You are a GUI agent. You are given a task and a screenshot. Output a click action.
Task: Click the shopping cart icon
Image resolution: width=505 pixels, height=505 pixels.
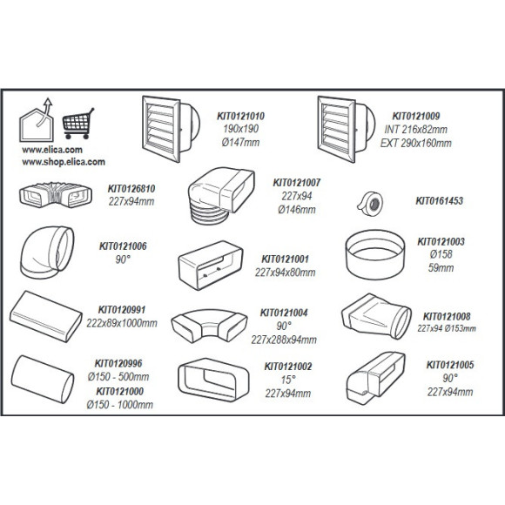click(78, 124)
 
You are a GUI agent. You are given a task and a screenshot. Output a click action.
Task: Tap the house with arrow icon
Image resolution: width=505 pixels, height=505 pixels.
click(37, 120)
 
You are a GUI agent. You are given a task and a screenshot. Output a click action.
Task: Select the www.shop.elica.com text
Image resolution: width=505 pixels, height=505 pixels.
click(64, 162)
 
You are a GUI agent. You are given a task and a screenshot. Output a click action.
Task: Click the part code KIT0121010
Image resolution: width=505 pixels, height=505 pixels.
click(240, 116)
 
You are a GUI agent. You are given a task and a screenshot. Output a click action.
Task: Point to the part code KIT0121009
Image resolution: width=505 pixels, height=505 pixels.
click(416, 116)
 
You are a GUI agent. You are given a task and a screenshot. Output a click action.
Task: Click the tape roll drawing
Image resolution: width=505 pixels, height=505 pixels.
click(369, 204)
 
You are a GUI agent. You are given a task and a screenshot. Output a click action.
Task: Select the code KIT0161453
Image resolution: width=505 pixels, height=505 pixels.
click(440, 200)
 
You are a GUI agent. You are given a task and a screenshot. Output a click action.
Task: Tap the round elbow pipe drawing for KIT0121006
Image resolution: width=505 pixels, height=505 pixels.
click(47, 252)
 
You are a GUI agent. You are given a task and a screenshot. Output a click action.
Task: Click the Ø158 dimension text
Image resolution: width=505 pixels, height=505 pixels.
click(441, 254)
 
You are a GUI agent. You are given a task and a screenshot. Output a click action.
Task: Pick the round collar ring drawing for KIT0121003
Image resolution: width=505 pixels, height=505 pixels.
click(375, 254)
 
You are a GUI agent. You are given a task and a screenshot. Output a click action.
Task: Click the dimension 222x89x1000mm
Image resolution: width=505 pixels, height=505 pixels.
click(122, 323)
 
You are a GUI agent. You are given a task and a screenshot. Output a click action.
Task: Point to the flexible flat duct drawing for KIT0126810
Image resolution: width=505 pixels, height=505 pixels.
click(56, 195)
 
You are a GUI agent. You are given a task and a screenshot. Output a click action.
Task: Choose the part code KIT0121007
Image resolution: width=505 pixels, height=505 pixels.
click(297, 183)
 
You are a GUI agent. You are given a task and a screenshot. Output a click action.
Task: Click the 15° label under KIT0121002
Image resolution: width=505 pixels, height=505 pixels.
click(288, 380)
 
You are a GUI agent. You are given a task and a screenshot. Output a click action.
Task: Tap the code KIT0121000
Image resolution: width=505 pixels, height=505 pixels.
click(120, 391)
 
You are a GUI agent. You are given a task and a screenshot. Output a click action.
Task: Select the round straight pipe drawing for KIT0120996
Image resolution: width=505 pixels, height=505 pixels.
click(43, 379)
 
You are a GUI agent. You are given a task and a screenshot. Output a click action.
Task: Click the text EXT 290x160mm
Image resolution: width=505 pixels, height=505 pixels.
click(416, 143)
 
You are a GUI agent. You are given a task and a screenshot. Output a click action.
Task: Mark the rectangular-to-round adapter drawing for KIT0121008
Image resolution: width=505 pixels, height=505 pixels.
click(376, 316)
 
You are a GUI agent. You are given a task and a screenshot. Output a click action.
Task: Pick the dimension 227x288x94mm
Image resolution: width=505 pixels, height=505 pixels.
click(284, 340)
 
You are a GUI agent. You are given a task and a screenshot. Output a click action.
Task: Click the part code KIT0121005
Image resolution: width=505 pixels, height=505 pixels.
click(450, 365)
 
